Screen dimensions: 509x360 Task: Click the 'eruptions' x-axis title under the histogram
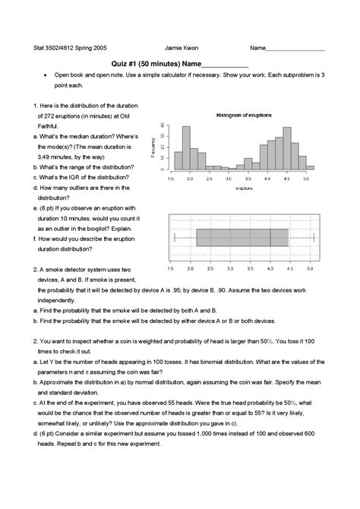click(244, 186)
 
